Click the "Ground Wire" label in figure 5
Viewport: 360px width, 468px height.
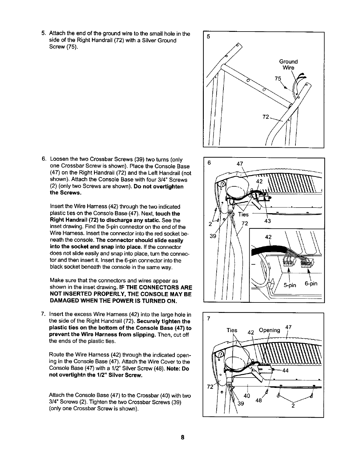click(x=288, y=65)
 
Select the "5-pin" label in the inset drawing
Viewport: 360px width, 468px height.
click(x=290, y=285)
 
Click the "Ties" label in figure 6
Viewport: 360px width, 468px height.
click(x=243, y=215)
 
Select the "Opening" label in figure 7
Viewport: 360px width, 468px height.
click(x=270, y=330)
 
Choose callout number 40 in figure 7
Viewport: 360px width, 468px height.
click(x=247, y=396)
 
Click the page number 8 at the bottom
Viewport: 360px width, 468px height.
click(x=182, y=437)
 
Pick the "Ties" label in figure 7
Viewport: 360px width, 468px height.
click(x=232, y=330)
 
